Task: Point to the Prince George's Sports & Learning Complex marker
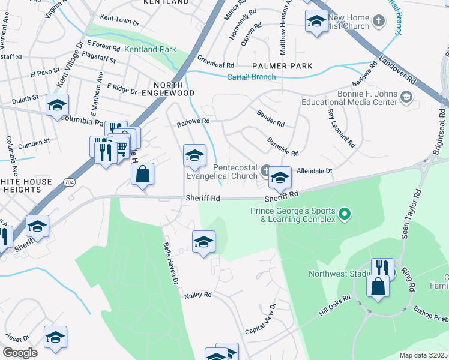pyautogui.click(x=345, y=213)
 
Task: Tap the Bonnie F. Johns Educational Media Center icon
pyautogui.click(x=406, y=97)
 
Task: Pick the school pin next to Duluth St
pyautogui.click(x=58, y=106)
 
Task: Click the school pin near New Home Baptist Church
pyautogui.click(x=316, y=23)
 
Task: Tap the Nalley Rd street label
pyautogui.click(x=198, y=295)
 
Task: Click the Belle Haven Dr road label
pyautogui.click(x=171, y=262)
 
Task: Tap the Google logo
pyautogui.click(x=20, y=353)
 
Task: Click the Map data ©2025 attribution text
pyautogui.click(x=423, y=355)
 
